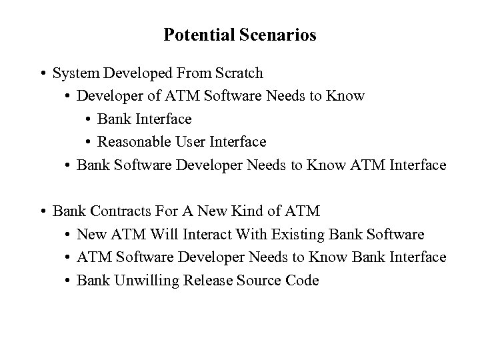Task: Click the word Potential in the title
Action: click(197, 35)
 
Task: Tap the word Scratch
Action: click(239, 73)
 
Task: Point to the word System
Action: click(75, 73)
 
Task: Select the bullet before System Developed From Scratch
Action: click(43, 73)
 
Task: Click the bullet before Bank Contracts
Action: click(43, 211)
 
